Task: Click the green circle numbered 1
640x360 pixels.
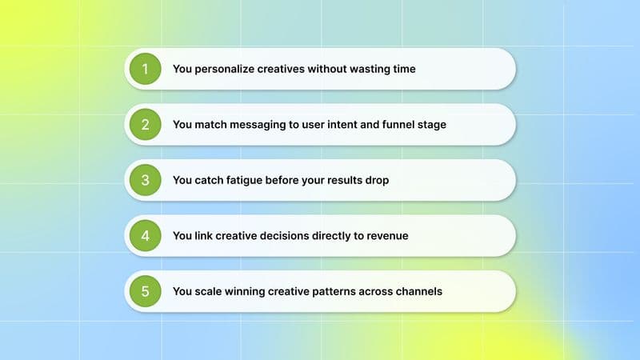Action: click(x=145, y=69)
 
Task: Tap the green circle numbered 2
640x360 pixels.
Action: click(x=145, y=124)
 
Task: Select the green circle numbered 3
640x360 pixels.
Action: click(x=145, y=180)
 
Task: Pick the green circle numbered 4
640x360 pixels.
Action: click(x=145, y=235)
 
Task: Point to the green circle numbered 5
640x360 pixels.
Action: click(x=145, y=291)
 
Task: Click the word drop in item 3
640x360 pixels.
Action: click(x=376, y=180)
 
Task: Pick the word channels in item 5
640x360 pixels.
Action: click(x=417, y=291)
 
